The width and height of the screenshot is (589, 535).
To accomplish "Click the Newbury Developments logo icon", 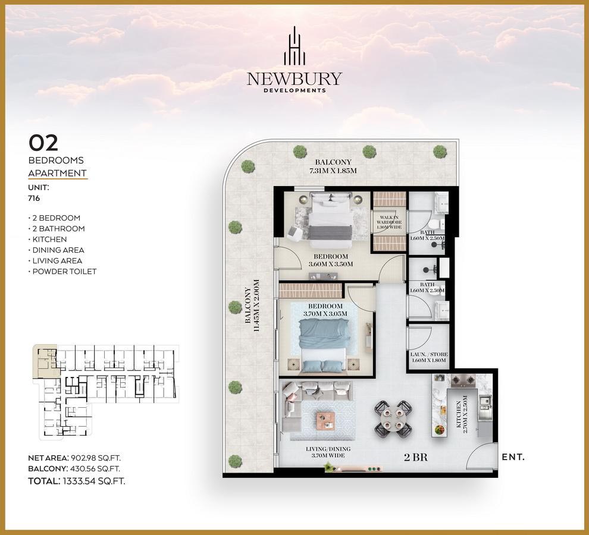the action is pyautogui.click(x=294, y=46).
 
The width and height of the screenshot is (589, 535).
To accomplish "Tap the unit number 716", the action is pyautogui.click(x=34, y=198).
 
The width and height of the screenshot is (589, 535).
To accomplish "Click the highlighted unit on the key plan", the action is pyautogui.click(x=45, y=361).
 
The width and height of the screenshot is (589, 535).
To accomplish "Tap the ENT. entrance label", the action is pyautogui.click(x=513, y=457).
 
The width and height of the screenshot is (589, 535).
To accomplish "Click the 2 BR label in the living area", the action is pyautogui.click(x=416, y=457).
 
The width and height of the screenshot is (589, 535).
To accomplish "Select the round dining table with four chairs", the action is pyautogui.click(x=393, y=419).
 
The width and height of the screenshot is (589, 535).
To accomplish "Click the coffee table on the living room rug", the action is pyautogui.click(x=325, y=420).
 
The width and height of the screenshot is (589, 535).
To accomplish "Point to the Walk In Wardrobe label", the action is pyautogui.click(x=389, y=222).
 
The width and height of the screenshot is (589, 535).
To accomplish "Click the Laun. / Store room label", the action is pyautogui.click(x=429, y=357).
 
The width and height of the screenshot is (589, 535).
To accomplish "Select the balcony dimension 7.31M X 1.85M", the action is pyautogui.click(x=333, y=166).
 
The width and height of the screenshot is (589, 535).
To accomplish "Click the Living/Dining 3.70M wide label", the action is pyautogui.click(x=328, y=452).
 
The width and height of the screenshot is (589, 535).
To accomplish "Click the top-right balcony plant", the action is pyautogui.click(x=440, y=152).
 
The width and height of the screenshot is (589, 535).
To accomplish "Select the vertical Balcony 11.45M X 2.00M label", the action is pyautogui.click(x=252, y=306).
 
